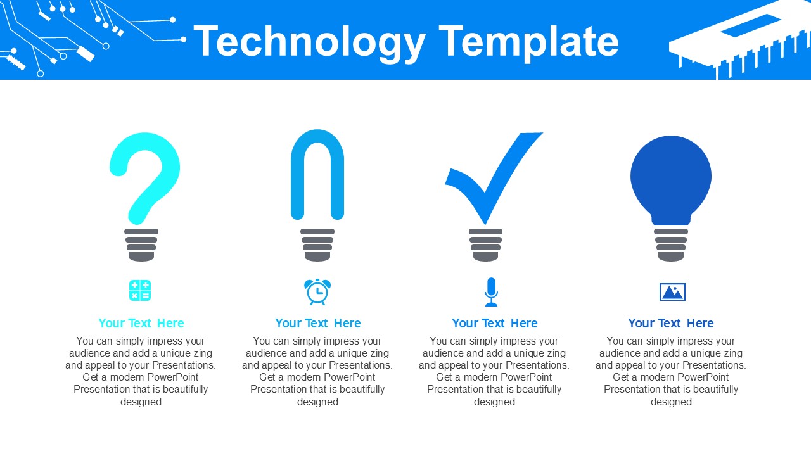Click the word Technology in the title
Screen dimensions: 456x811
click(309, 42)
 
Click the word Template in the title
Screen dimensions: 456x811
click(528, 42)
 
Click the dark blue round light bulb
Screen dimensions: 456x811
click(671, 177)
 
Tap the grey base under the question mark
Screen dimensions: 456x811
click(141, 245)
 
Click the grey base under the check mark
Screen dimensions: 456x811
click(486, 245)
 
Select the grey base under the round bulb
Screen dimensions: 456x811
click(671, 245)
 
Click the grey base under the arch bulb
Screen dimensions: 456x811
click(317, 245)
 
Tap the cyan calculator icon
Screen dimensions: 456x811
click(140, 291)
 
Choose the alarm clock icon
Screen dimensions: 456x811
click(317, 292)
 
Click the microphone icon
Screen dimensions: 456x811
click(491, 291)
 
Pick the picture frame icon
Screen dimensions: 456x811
click(672, 292)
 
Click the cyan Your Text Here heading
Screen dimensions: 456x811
click(141, 323)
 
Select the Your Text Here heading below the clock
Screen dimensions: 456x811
click(317, 323)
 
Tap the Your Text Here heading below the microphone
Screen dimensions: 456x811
click(494, 323)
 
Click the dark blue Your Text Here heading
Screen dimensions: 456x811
click(670, 323)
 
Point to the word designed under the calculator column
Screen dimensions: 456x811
click(141, 402)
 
